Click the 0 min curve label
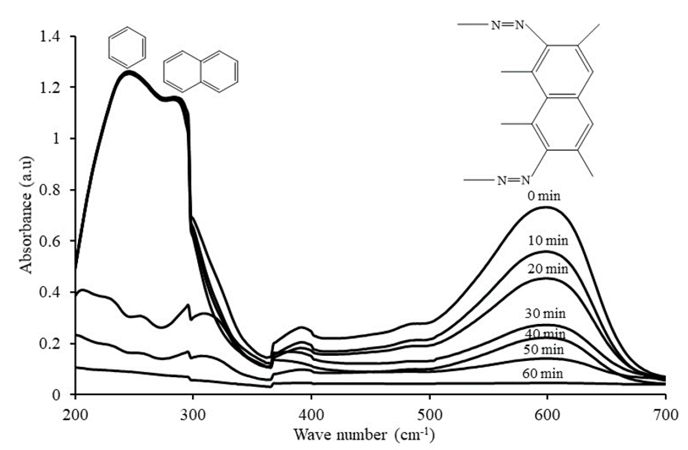[x=544, y=196]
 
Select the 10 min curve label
[x=548, y=241]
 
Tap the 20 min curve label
[x=547, y=269]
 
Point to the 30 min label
[x=545, y=313]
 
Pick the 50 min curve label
[x=544, y=350]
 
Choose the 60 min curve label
[x=543, y=374]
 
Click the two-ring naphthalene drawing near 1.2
[x=201, y=71]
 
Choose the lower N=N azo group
[x=513, y=181]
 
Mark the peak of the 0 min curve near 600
[x=546, y=207]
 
